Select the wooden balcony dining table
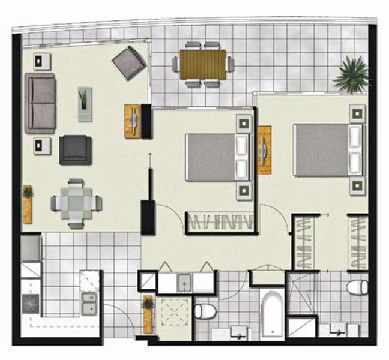point(202,64)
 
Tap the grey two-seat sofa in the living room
point(40,103)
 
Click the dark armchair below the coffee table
point(76,150)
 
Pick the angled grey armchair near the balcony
point(129,62)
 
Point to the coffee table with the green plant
point(85,104)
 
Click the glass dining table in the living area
point(76,203)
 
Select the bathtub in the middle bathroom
point(273,313)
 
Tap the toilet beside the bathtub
point(205,311)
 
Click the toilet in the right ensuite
point(357,287)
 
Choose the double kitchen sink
point(89,303)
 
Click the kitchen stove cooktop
point(31,304)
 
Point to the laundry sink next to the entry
point(185,281)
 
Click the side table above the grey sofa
point(42,60)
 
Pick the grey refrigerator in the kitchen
point(31,248)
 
